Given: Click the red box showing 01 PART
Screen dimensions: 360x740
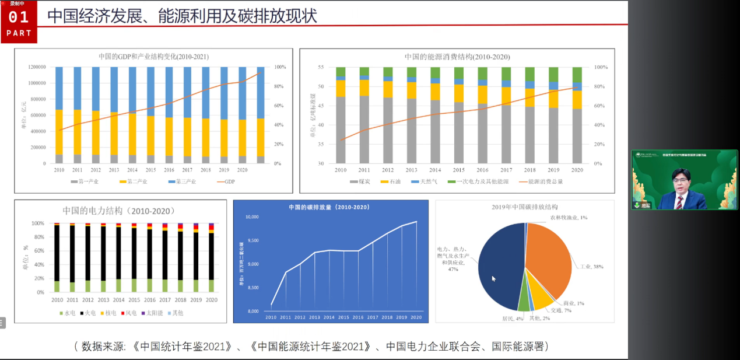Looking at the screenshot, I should click(x=19, y=22).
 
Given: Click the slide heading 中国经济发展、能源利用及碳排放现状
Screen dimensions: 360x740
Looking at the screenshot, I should click(x=182, y=16).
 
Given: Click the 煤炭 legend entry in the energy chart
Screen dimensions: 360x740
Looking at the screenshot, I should click(x=363, y=181).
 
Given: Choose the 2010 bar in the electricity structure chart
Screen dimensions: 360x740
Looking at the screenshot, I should click(x=57, y=257).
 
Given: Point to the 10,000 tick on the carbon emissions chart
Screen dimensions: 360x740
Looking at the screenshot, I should click(x=251, y=217).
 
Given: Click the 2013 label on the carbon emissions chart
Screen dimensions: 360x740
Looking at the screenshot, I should click(x=315, y=317).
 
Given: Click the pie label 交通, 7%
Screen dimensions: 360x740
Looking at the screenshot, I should click(x=561, y=310).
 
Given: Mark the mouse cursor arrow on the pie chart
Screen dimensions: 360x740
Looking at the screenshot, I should click(x=493, y=278).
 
